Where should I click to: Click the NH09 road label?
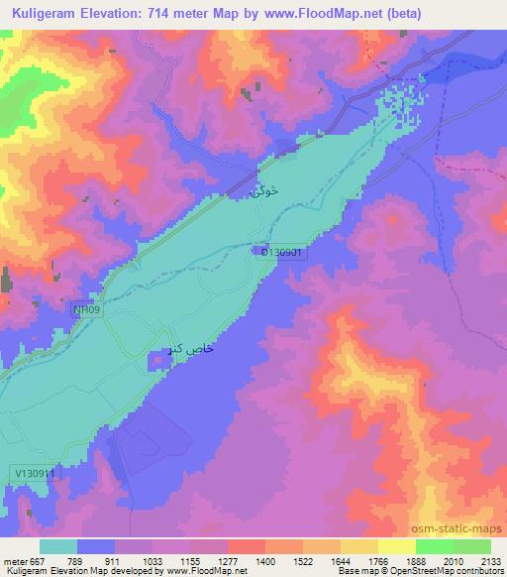click(x=87, y=310)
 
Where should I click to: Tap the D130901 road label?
click(x=285, y=254)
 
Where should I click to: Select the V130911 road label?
click(x=38, y=474)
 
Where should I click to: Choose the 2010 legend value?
click(x=453, y=560)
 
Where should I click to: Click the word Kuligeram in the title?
click(x=49, y=14)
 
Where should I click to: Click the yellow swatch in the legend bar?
click(x=397, y=546)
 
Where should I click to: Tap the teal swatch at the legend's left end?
click(x=58, y=546)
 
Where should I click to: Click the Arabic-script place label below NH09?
click(x=189, y=351)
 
